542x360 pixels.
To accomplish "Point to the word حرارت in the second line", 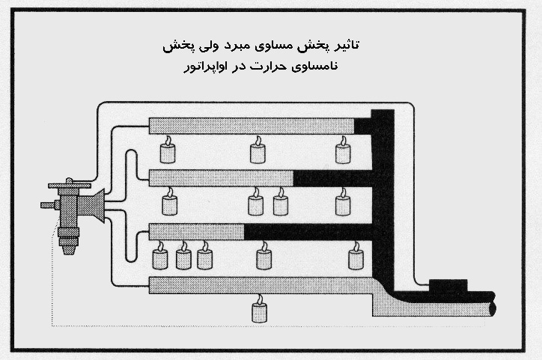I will [x=281, y=69].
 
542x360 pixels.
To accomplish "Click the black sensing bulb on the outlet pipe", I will [x=447, y=286].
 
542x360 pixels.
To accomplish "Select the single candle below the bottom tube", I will [x=260, y=309].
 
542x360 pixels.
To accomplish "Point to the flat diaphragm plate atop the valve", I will [x=69, y=185].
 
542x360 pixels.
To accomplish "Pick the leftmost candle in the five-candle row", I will [x=159, y=257].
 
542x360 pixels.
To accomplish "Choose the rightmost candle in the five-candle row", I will [x=356, y=257].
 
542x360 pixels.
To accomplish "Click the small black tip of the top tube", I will [x=363, y=125].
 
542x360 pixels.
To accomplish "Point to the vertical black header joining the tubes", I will [x=383, y=195].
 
